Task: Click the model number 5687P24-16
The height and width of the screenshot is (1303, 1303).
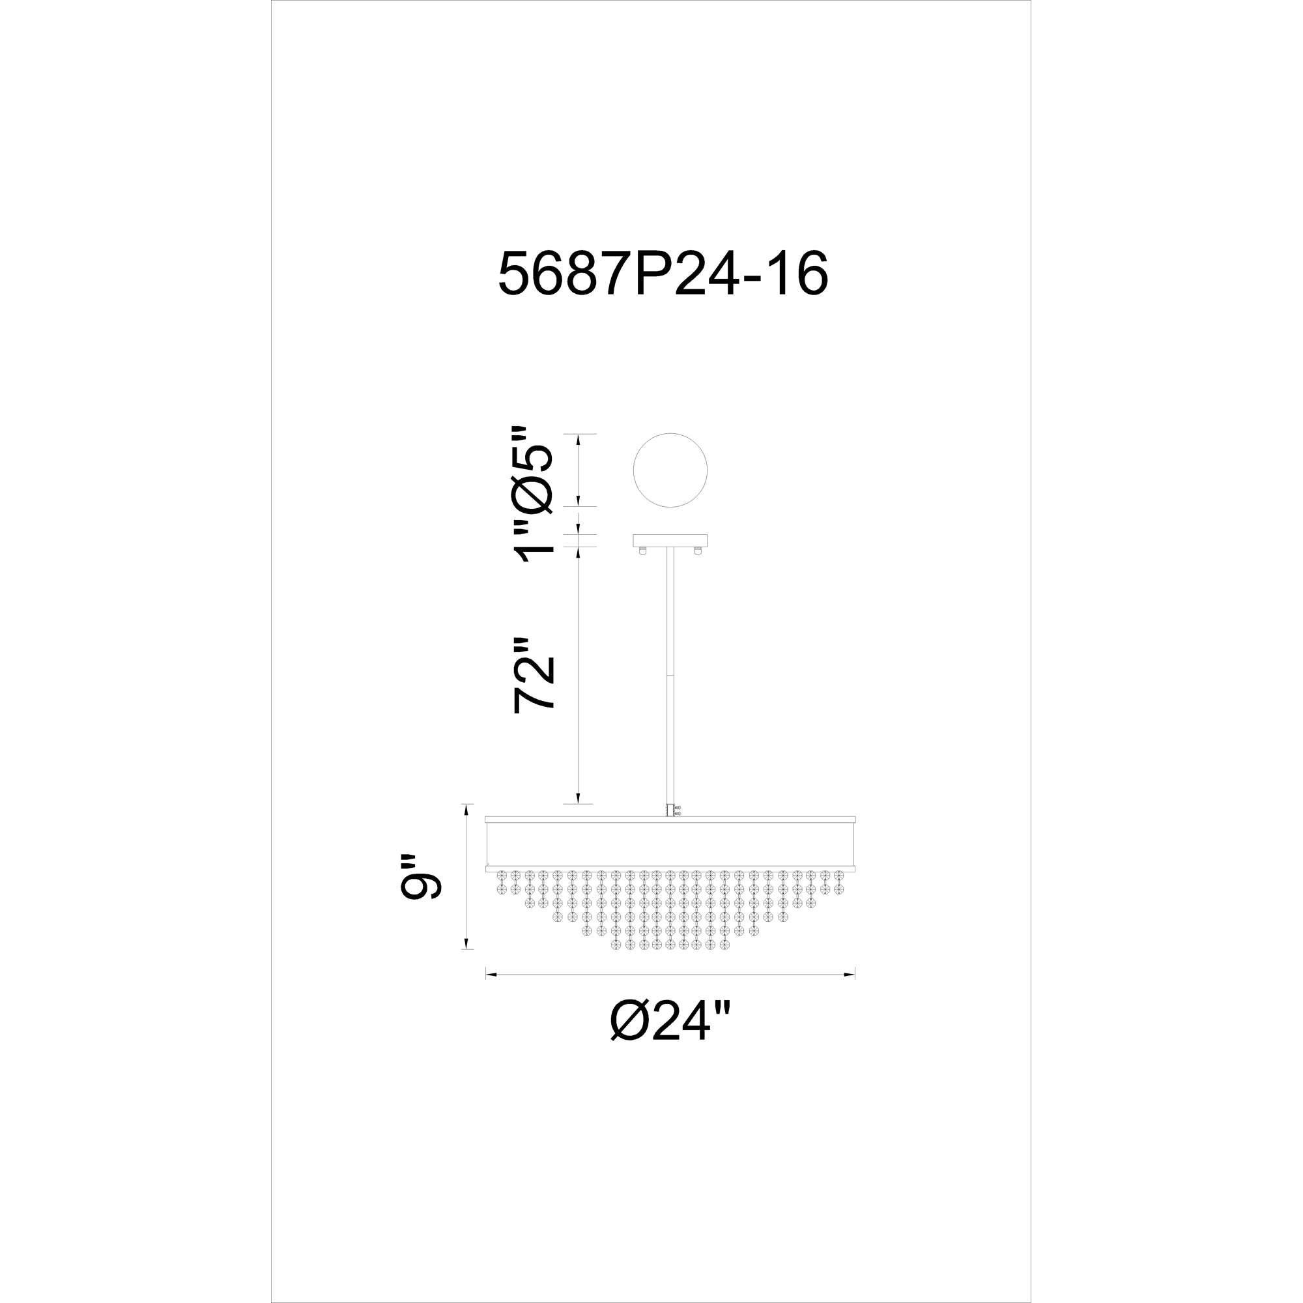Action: point(663,274)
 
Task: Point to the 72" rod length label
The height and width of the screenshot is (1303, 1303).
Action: point(534,675)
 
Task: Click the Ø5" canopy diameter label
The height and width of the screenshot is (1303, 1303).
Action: point(534,468)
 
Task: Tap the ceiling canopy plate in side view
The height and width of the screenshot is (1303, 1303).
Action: point(670,540)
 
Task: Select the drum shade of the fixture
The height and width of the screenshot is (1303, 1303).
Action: point(670,844)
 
